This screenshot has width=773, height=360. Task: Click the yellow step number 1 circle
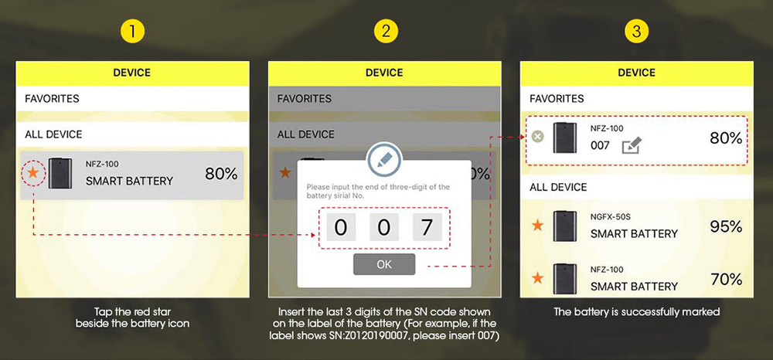132,32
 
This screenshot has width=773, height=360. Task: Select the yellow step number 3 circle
636,32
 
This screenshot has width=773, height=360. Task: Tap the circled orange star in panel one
32,173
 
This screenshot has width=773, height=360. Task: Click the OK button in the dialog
384,264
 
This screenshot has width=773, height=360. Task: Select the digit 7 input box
427,228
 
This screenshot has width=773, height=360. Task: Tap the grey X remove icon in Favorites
538,137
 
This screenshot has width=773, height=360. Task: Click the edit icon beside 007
632,145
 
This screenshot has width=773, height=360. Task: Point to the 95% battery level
726,226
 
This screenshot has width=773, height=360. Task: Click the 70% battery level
726,280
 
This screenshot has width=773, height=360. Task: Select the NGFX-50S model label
609,216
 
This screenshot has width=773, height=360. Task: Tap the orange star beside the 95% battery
538,226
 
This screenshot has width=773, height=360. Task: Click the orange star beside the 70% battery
538,278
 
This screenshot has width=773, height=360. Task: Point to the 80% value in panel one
221,174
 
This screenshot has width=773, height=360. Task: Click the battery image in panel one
60,173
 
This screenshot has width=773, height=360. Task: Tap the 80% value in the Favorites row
726,138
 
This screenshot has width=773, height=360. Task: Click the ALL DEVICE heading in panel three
558,187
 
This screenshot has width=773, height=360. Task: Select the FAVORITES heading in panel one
52,98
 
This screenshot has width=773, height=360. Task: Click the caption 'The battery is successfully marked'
636,312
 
